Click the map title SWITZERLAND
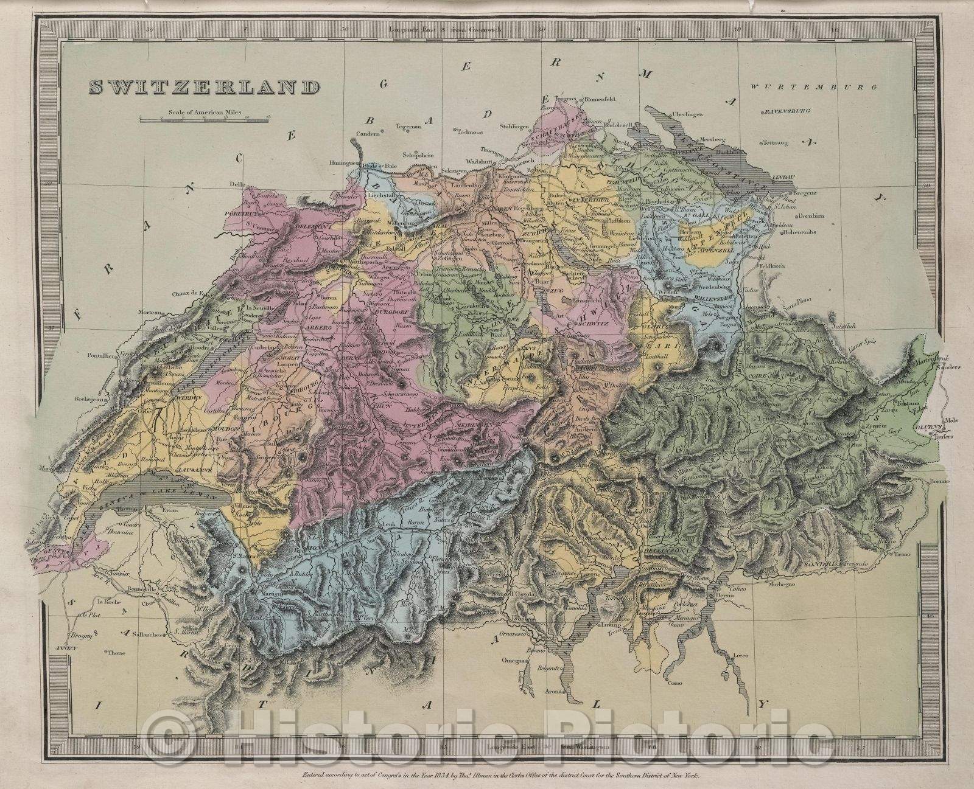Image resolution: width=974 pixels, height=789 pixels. pyautogui.click(x=205, y=88)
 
